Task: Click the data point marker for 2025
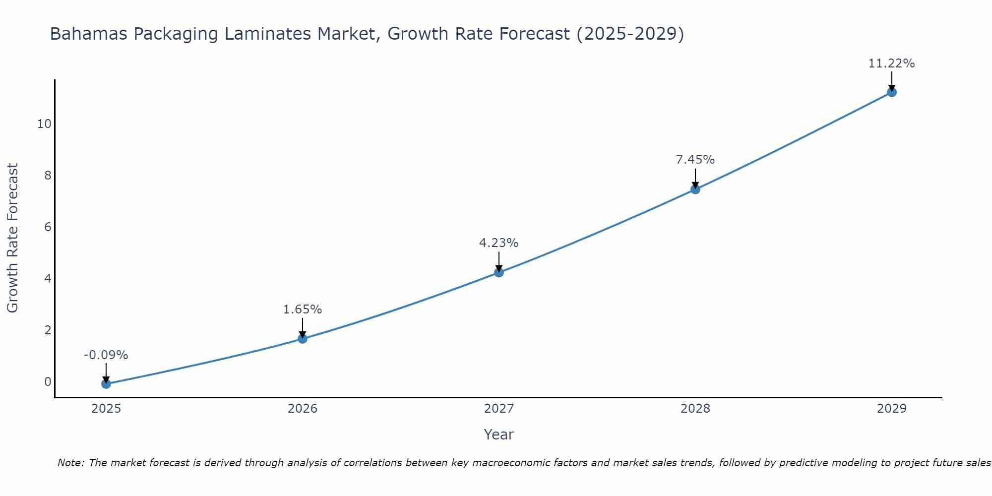[106, 384]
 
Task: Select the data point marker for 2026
[303, 339]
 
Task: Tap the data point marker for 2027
[499, 272]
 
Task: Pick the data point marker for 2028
[695, 189]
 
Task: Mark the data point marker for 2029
[892, 92]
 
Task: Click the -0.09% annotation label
[106, 355]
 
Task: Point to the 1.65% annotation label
[303, 310]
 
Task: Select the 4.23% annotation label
[498, 243]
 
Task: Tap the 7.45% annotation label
[695, 160]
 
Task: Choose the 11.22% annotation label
[891, 63]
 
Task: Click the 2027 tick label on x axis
[499, 409]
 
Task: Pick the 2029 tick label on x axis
[892, 409]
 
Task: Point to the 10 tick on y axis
[44, 124]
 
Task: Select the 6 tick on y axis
[48, 227]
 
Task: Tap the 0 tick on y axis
[48, 382]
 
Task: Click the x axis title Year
[498, 434]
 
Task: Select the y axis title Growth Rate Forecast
[12, 238]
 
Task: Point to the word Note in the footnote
[71, 463]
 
